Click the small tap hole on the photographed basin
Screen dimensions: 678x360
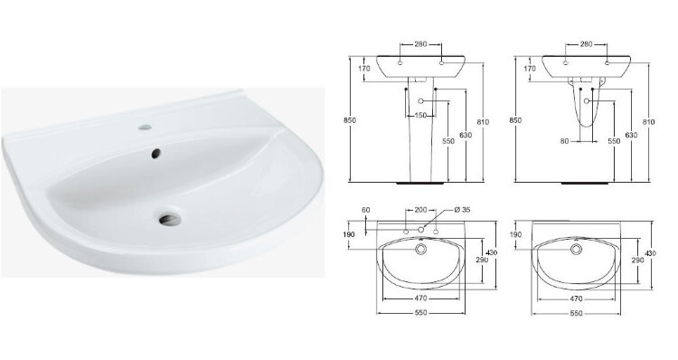[x=145, y=128]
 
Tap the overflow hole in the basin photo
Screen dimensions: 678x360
[x=155, y=153]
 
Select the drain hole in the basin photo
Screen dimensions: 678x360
[x=170, y=219]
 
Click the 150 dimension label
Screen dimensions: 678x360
[x=420, y=116]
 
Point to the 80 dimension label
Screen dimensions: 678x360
[x=564, y=141]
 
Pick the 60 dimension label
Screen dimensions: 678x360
[x=366, y=210]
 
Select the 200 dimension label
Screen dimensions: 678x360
[x=420, y=210]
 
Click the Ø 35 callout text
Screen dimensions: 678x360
[x=463, y=210]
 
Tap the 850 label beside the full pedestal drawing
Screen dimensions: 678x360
[x=349, y=120]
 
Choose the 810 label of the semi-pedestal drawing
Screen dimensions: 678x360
[x=648, y=122]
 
